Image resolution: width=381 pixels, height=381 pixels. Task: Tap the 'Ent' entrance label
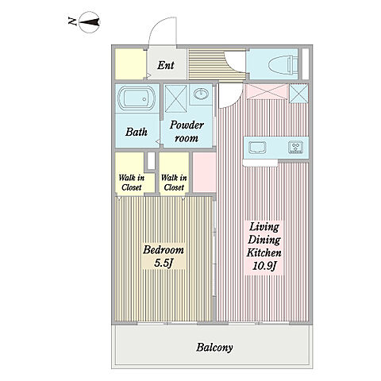pyautogui.click(x=166, y=65)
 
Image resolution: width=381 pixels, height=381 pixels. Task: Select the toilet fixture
pyautogui.click(x=283, y=64)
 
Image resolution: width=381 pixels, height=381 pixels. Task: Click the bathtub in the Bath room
pyautogui.click(x=137, y=98)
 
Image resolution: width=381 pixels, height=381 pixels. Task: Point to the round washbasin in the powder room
pyautogui.click(x=201, y=94)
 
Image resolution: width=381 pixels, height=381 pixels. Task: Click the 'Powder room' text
pyautogui.click(x=187, y=132)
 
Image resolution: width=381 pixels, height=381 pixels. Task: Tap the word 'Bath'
pyautogui.click(x=137, y=132)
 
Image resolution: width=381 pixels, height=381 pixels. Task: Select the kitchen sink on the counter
pyautogui.click(x=257, y=148)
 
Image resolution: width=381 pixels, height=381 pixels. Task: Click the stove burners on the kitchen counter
pyautogui.click(x=296, y=147)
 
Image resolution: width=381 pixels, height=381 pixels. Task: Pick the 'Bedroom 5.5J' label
pyautogui.click(x=164, y=256)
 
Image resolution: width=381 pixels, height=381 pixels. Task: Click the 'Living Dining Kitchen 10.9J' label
pyautogui.click(x=264, y=246)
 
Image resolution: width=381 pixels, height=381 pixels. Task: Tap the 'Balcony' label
pyautogui.click(x=214, y=348)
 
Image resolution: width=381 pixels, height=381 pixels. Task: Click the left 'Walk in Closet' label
pyautogui.click(x=132, y=183)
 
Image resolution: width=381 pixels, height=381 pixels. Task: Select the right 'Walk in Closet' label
pyautogui.click(x=174, y=183)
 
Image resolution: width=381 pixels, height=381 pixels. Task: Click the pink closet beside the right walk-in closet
pyautogui.click(x=204, y=172)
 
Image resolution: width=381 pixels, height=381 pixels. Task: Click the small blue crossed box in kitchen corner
pyautogui.click(x=298, y=93)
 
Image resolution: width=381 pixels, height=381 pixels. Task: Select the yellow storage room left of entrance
pyautogui.click(x=131, y=64)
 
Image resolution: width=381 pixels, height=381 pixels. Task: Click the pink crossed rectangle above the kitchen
pyautogui.click(x=267, y=91)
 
